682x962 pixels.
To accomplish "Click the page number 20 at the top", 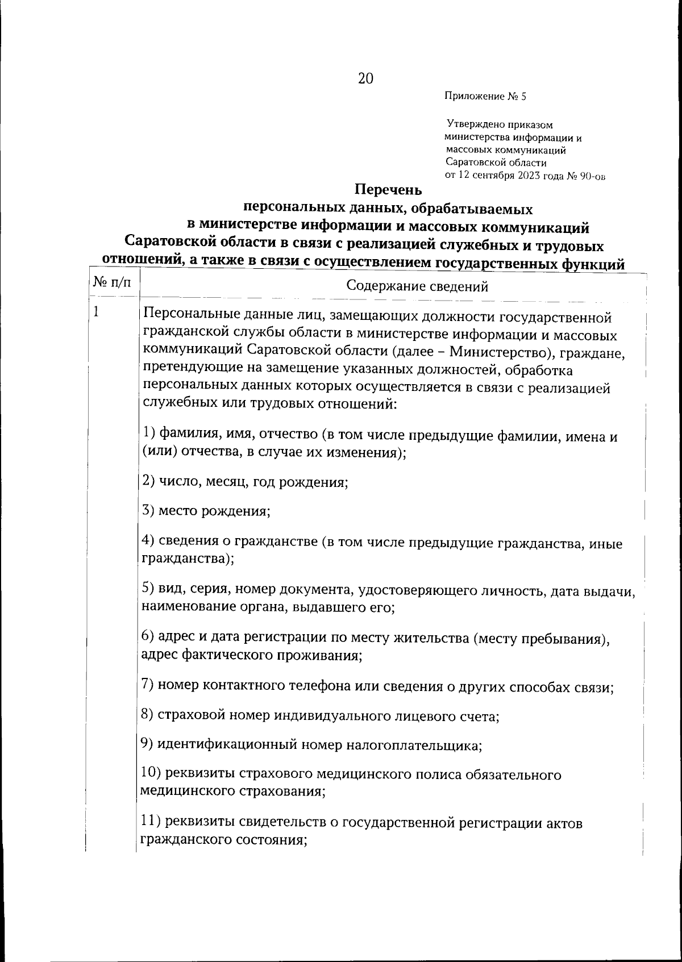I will [365, 79].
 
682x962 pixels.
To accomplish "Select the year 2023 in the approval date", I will [529, 176].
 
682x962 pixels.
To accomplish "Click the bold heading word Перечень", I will [388, 189].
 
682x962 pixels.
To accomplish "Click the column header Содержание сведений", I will [417, 286].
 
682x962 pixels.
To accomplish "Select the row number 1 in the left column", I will [97, 311].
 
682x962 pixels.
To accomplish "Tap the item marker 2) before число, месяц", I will [149, 482].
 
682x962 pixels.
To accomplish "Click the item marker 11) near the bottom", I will [152, 823].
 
